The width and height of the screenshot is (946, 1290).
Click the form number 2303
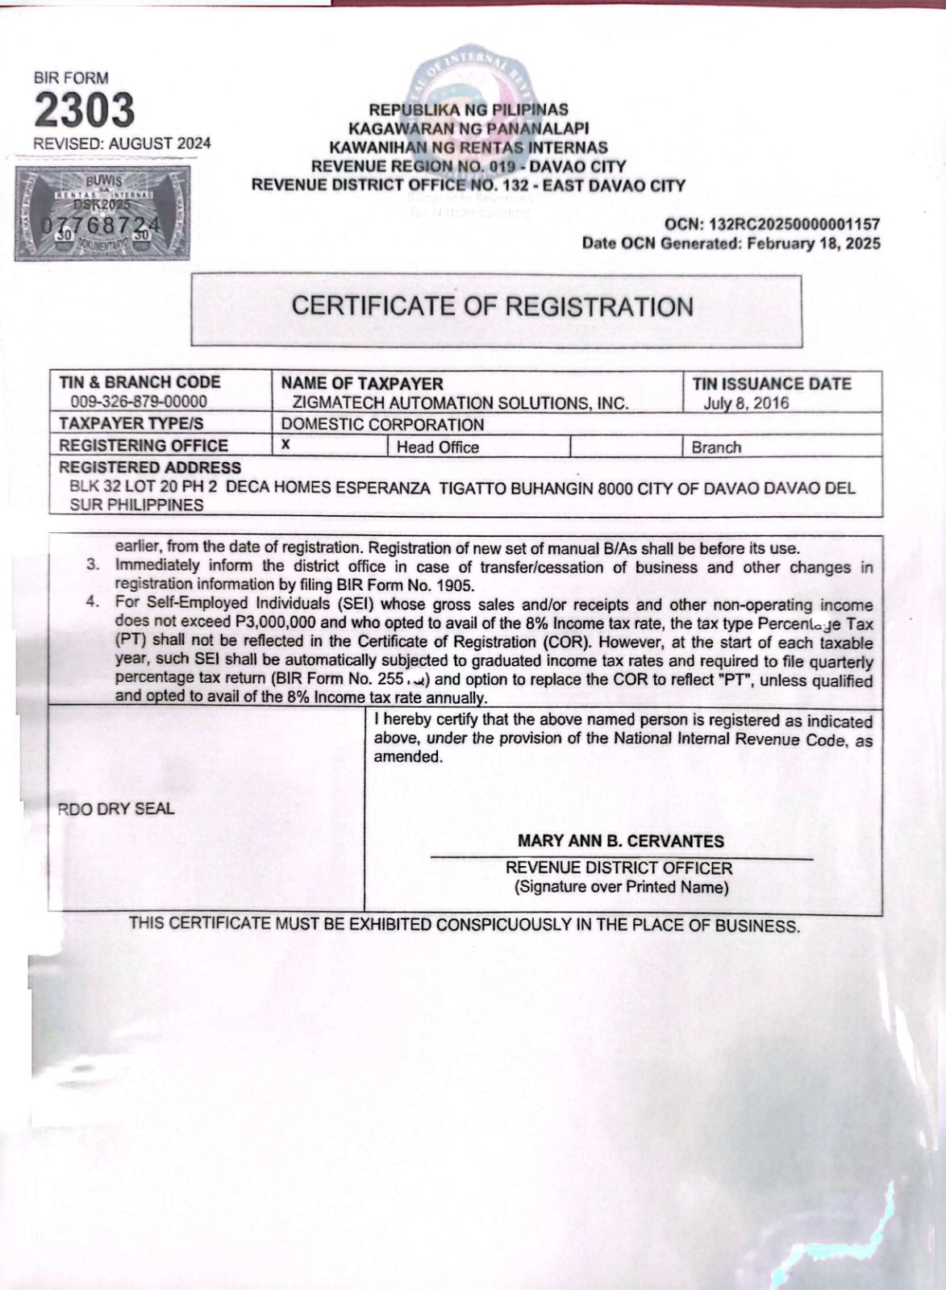(x=84, y=110)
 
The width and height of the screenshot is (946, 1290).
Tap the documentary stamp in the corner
(x=102, y=213)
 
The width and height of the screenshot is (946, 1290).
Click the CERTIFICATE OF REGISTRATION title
(x=492, y=307)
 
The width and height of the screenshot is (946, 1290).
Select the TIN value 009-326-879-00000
(x=139, y=402)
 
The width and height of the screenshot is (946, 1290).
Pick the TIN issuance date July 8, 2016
(x=746, y=403)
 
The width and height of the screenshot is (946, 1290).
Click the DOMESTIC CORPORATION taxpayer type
(x=382, y=424)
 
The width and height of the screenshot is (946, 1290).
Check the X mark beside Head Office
(x=285, y=444)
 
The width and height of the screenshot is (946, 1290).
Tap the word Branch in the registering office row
(x=716, y=447)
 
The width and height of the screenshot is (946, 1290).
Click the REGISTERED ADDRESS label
(x=150, y=468)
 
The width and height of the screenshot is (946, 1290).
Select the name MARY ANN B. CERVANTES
(x=621, y=841)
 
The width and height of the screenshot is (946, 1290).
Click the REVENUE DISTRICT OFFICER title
(x=619, y=868)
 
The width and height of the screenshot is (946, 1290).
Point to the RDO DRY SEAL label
(x=116, y=809)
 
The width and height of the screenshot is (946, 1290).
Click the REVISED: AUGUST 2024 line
(x=122, y=144)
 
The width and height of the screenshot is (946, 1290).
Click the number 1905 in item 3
(x=456, y=586)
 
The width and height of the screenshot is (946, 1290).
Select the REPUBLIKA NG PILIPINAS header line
(x=469, y=110)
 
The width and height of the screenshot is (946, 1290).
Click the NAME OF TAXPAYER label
(x=362, y=384)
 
